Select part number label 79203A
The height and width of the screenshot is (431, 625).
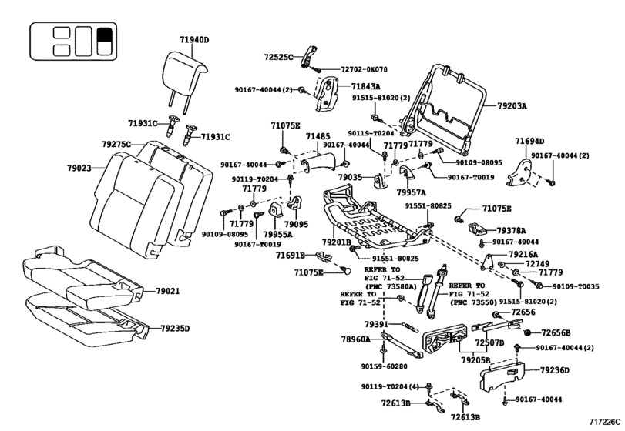pyautogui.click(x=512, y=106)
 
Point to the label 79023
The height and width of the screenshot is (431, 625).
pyautogui.click(x=79, y=168)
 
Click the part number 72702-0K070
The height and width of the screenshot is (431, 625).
pyautogui.click(x=364, y=69)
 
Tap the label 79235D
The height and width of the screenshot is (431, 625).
pyautogui.click(x=175, y=329)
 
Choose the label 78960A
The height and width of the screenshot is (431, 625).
pyautogui.click(x=355, y=339)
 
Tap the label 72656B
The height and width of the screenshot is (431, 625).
pyautogui.click(x=556, y=332)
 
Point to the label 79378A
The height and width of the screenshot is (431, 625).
pyautogui.click(x=511, y=230)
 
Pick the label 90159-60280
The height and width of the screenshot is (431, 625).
pyautogui.click(x=385, y=366)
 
